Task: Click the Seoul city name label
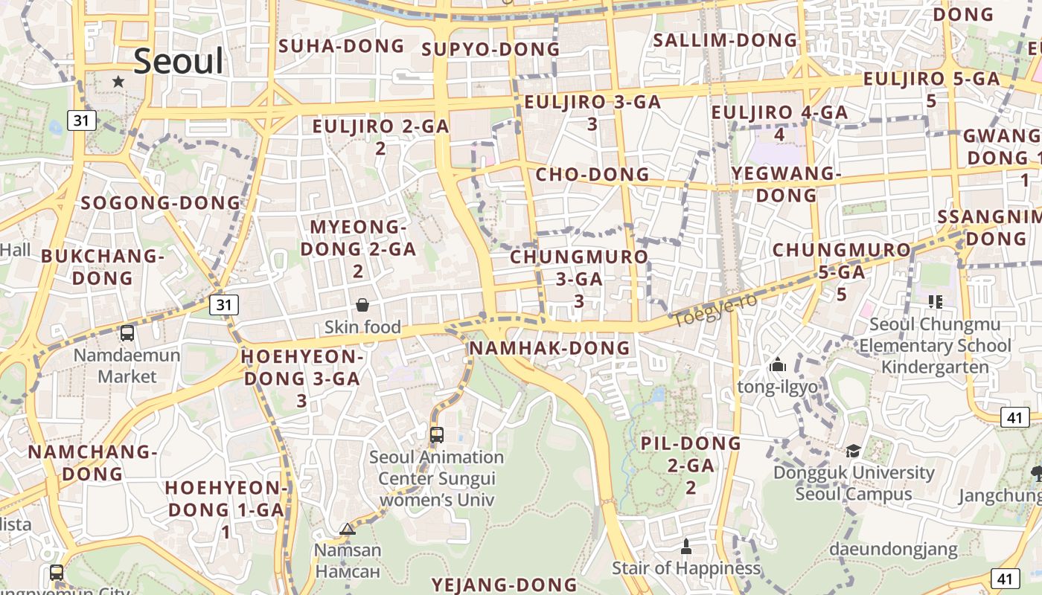[178, 61]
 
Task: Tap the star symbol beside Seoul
[118, 81]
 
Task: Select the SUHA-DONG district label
[342, 46]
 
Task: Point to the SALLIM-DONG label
[725, 40]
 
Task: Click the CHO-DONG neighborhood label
[592, 175]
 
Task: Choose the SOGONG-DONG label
[161, 202]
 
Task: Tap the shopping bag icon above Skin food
[362, 305]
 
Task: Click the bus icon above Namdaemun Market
[127, 333]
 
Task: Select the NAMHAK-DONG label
[550, 348]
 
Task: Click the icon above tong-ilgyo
[778, 364]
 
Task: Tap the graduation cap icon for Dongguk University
[853, 451]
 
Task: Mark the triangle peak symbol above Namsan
[347, 530]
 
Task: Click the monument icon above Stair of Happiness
[686, 547]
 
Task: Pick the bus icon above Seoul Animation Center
[437, 435]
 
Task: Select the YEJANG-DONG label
[505, 585]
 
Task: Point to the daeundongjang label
[893, 550]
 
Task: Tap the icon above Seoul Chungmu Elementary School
[936, 302]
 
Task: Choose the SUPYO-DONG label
[490, 49]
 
